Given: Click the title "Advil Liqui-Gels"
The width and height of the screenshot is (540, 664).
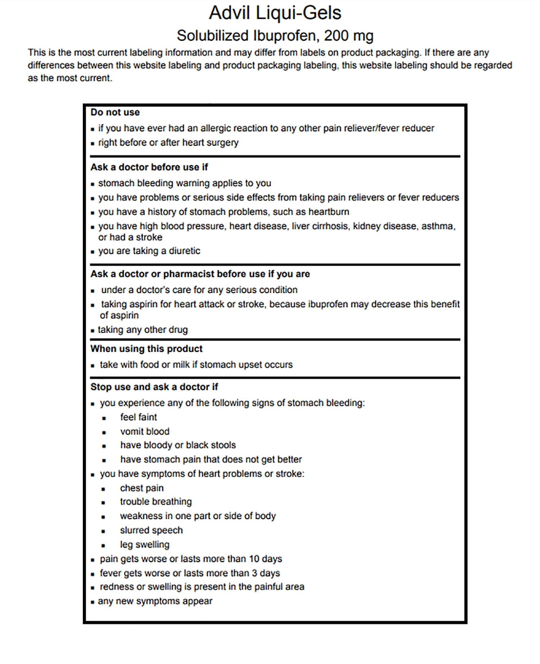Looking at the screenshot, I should pyautogui.click(x=275, y=13).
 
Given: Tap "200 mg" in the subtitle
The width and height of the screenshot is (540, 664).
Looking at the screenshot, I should pyautogui.click(x=348, y=36).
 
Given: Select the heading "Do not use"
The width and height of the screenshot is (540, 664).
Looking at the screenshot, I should pyautogui.click(x=115, y=112).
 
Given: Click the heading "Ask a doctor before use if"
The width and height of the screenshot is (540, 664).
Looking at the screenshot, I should pyautogui.click(x=149, y=167).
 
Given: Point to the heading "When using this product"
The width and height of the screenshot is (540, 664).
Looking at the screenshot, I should pyautogui.click(x=146, y=349).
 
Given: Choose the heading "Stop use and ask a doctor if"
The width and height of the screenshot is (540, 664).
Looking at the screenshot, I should pyautogui.click(x=154, y=387).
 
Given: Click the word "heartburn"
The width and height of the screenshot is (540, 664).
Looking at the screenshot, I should pyautogui.click(x=329, y=212).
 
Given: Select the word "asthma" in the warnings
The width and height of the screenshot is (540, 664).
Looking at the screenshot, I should pyautogui.click(x=438, y=226).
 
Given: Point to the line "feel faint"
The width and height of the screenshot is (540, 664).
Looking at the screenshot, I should pyautogui.click(x=139, y=417).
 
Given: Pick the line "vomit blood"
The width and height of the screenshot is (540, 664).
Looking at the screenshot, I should pyautogui.click(x=145, y=432).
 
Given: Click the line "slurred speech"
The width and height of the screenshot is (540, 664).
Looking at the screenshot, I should pyautogui.click(x=151, y=530).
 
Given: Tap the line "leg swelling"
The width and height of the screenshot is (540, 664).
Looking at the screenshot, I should pyautogui.click(x=145, y=545).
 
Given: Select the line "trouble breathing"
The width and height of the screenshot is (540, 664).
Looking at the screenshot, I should pyautogui.click(x=156, y=502).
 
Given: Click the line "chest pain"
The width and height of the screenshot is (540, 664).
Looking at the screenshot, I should pyautogui.click(x=142, y=488).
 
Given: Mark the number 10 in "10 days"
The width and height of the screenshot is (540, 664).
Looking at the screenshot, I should pyautogui.click(x=254, y=559).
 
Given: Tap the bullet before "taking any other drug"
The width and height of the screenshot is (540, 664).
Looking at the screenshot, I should pyautogui.click(x=93, y=330).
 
